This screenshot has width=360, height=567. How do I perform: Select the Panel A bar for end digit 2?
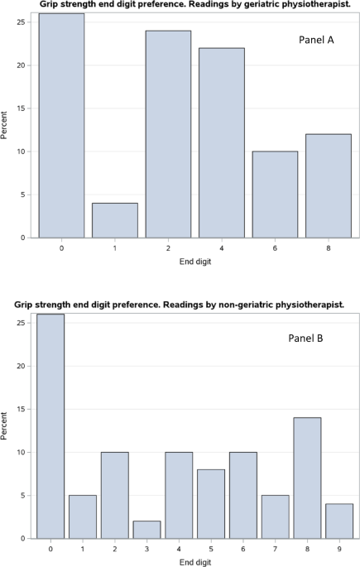168,134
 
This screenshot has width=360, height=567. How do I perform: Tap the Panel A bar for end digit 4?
221,142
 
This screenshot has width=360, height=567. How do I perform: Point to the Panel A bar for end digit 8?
327,186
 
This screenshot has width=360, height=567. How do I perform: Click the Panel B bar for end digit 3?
146,530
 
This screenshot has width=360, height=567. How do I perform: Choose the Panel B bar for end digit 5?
209,504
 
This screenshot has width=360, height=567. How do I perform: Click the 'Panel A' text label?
317,41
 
